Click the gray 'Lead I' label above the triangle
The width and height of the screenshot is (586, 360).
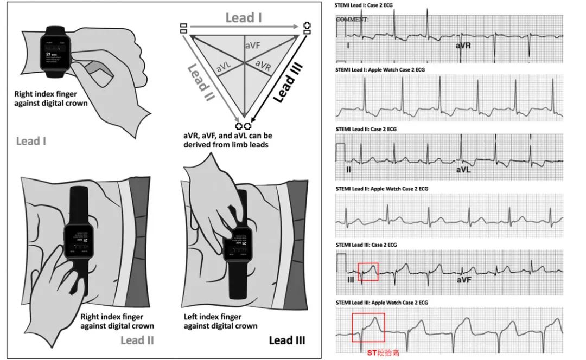tap(243, 18)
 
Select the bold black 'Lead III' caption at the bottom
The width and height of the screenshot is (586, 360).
tap(287, 340)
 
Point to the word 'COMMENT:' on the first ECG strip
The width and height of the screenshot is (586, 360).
tap(352, 19)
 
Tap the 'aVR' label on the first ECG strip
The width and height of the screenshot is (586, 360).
tap(462, 46)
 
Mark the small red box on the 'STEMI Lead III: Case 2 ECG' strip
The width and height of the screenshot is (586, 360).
tap(368, 271)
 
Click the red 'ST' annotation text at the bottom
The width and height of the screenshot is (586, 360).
tap(372, 352)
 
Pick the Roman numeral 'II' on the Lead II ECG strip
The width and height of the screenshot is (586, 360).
tap(348, 170)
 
